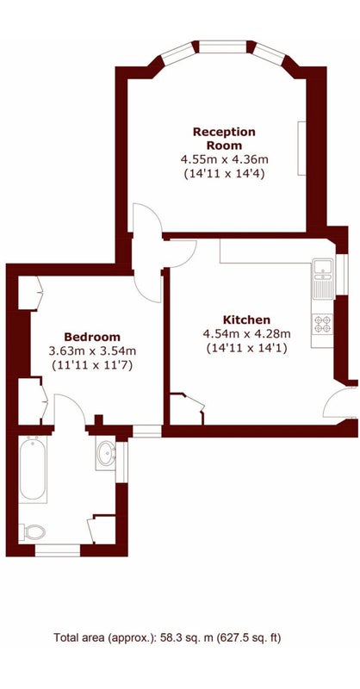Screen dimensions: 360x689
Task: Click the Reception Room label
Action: pos(224,139)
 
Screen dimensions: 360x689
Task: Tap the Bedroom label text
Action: pos(92,337)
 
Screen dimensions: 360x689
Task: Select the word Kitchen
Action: pos(246,320)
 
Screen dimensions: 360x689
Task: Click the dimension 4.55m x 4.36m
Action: pos(224,158)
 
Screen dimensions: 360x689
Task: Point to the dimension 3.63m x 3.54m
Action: pos(92,351)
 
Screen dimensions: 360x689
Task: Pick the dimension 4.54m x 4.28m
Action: pos(246,333)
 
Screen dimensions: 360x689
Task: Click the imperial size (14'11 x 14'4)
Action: pos(224,173)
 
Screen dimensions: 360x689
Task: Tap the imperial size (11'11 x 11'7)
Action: pos(92,365)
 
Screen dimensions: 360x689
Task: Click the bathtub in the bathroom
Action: pos(33,469)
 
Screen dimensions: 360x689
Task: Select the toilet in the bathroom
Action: pos(33,532)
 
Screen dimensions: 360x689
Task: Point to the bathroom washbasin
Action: pos(106,453)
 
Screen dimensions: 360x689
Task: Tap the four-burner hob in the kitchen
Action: pos(323,325)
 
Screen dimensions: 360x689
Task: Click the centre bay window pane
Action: pos(223,47)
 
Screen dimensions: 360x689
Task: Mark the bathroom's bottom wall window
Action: pos(58,550)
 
